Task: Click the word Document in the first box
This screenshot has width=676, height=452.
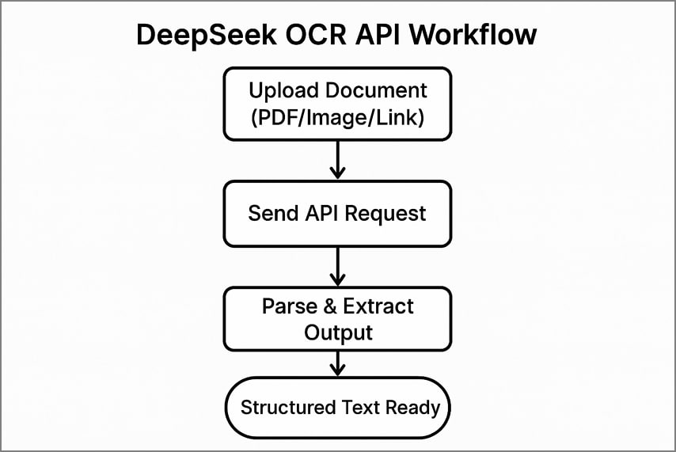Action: (x=379, y=90)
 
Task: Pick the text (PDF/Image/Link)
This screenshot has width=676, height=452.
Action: (x=338, y=120)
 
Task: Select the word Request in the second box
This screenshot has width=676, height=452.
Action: (x=388, y=214)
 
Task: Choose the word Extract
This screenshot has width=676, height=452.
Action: (x=379, y=306)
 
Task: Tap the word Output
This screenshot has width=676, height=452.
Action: (x=338, y=332)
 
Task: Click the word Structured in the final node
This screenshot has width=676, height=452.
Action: (x=288, y=408)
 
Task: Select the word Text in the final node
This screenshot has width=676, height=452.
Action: (x=360, y=408)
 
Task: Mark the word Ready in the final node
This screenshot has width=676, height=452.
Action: (x=412, y=408)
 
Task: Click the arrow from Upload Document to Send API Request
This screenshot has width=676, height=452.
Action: (x=338, y=161)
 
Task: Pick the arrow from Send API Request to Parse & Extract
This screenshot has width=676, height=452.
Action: (x=338, y=266)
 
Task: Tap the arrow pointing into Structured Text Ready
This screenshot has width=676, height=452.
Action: (x=338, y=363)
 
